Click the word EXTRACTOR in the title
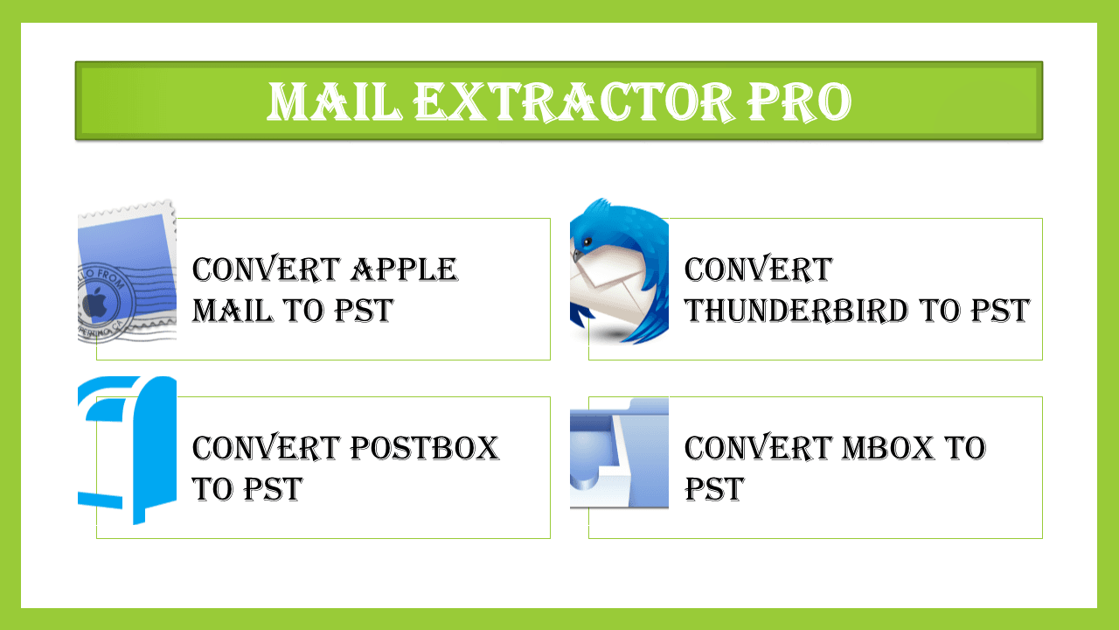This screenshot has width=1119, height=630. (575, 101)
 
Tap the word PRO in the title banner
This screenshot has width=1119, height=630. (799, 101)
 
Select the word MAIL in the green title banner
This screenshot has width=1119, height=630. (335, 101)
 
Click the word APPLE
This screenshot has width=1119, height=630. (404, 269)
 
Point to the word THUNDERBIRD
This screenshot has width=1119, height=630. (796, 310)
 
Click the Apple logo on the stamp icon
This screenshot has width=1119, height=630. (95, 303)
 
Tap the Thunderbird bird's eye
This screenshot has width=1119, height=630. (587, 242)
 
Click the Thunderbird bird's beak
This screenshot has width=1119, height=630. (578, 255)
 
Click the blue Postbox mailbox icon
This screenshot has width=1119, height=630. (128, 450)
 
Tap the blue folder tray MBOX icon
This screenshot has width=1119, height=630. (620, 453)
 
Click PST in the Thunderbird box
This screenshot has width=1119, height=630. (1001, 310)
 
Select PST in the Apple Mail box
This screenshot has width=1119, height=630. (365, 310)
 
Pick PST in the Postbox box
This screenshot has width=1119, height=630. (273, 488)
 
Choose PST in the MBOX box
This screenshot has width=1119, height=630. (714, 488)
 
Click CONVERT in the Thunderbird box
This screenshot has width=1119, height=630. (758, 269)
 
